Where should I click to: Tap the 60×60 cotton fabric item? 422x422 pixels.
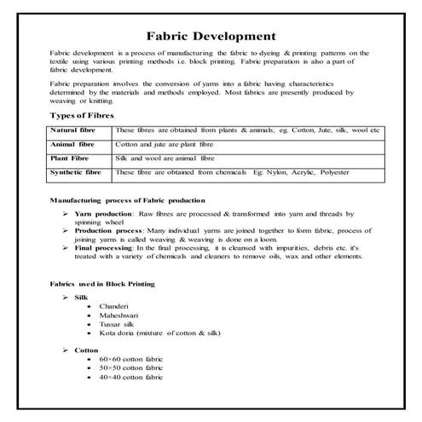click(x=130, y=361)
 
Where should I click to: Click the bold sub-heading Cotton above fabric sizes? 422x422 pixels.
click(x=87, y=350)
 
